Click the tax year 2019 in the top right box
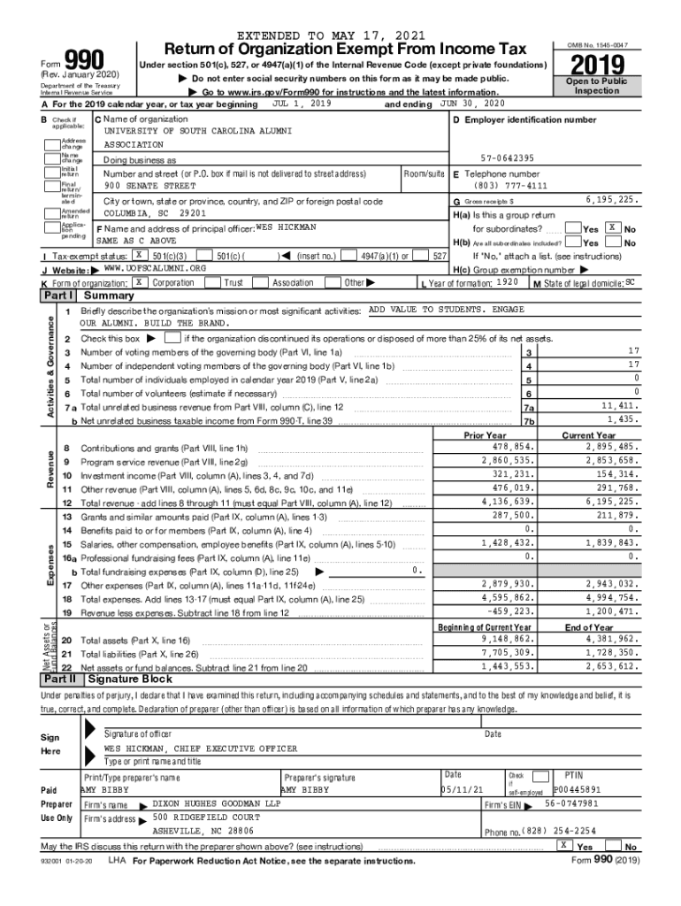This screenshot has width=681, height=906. click(x=597, y=65)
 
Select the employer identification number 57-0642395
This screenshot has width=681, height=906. click(x=509, y=158)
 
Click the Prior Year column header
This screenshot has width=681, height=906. click(x=485, y=434)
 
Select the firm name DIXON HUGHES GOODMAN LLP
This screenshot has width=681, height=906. click(x=217, y=803)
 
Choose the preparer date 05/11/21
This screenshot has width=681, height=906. click(x=462, y=789)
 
